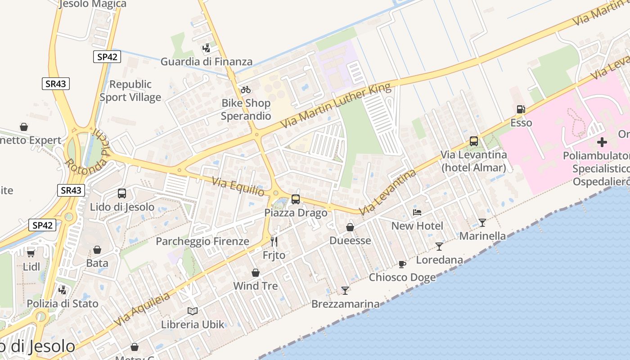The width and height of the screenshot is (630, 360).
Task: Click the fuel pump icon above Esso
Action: point(521,109)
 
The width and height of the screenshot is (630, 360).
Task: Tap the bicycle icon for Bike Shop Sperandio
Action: point(246,90)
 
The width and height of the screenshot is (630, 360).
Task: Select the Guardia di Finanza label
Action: point(207,62)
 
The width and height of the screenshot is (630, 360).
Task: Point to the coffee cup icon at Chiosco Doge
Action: point(402,264)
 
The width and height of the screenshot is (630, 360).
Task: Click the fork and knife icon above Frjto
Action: point(274,242)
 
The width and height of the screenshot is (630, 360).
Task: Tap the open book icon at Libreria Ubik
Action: point(193,311)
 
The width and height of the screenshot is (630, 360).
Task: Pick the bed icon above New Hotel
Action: point(417,212)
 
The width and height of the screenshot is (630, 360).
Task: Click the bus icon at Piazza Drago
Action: point(296,199)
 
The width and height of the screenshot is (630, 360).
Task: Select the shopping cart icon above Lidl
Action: point(31,253)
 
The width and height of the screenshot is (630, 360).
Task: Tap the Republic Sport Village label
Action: point(130,91)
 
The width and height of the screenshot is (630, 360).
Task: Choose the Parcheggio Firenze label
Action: point(202,241)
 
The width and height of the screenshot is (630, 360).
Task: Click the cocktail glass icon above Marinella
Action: point(482,222)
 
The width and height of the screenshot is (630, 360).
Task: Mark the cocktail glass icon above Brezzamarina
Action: point(345,291)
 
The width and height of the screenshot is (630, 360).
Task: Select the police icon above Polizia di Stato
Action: point(63,290)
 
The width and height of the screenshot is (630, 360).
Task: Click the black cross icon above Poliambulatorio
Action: point(602,143)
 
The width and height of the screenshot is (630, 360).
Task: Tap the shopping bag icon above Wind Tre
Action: point(256,273)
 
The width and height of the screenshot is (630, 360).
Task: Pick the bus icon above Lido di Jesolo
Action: point(122,193)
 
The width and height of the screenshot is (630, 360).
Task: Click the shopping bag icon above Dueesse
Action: point(350,227)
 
